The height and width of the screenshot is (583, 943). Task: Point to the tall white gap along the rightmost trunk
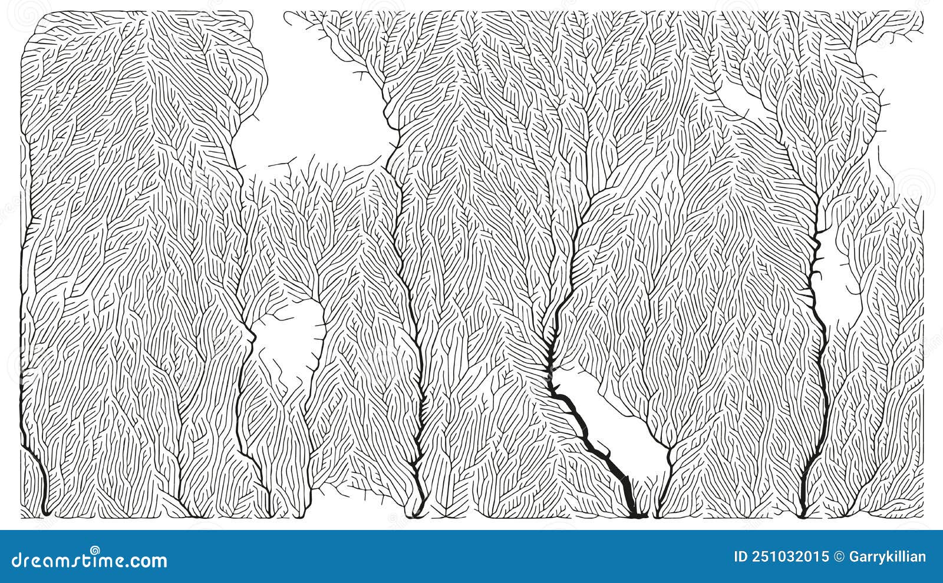tap(840, 277)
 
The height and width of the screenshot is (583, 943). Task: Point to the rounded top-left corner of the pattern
tap(28, 21)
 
